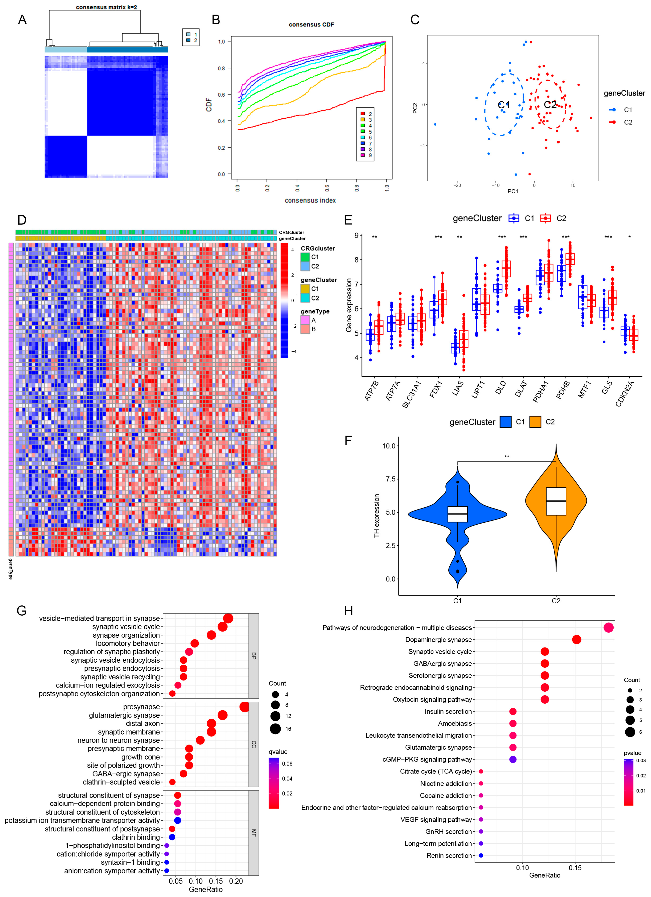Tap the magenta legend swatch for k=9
click(363, 155)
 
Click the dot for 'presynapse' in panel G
click(244, 707)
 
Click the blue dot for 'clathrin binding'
click(172, 837)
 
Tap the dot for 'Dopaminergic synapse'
click(577, 640)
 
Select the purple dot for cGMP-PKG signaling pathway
click(513, 759)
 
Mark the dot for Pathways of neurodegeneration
click(609, 628)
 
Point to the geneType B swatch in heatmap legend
click(305, 329)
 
